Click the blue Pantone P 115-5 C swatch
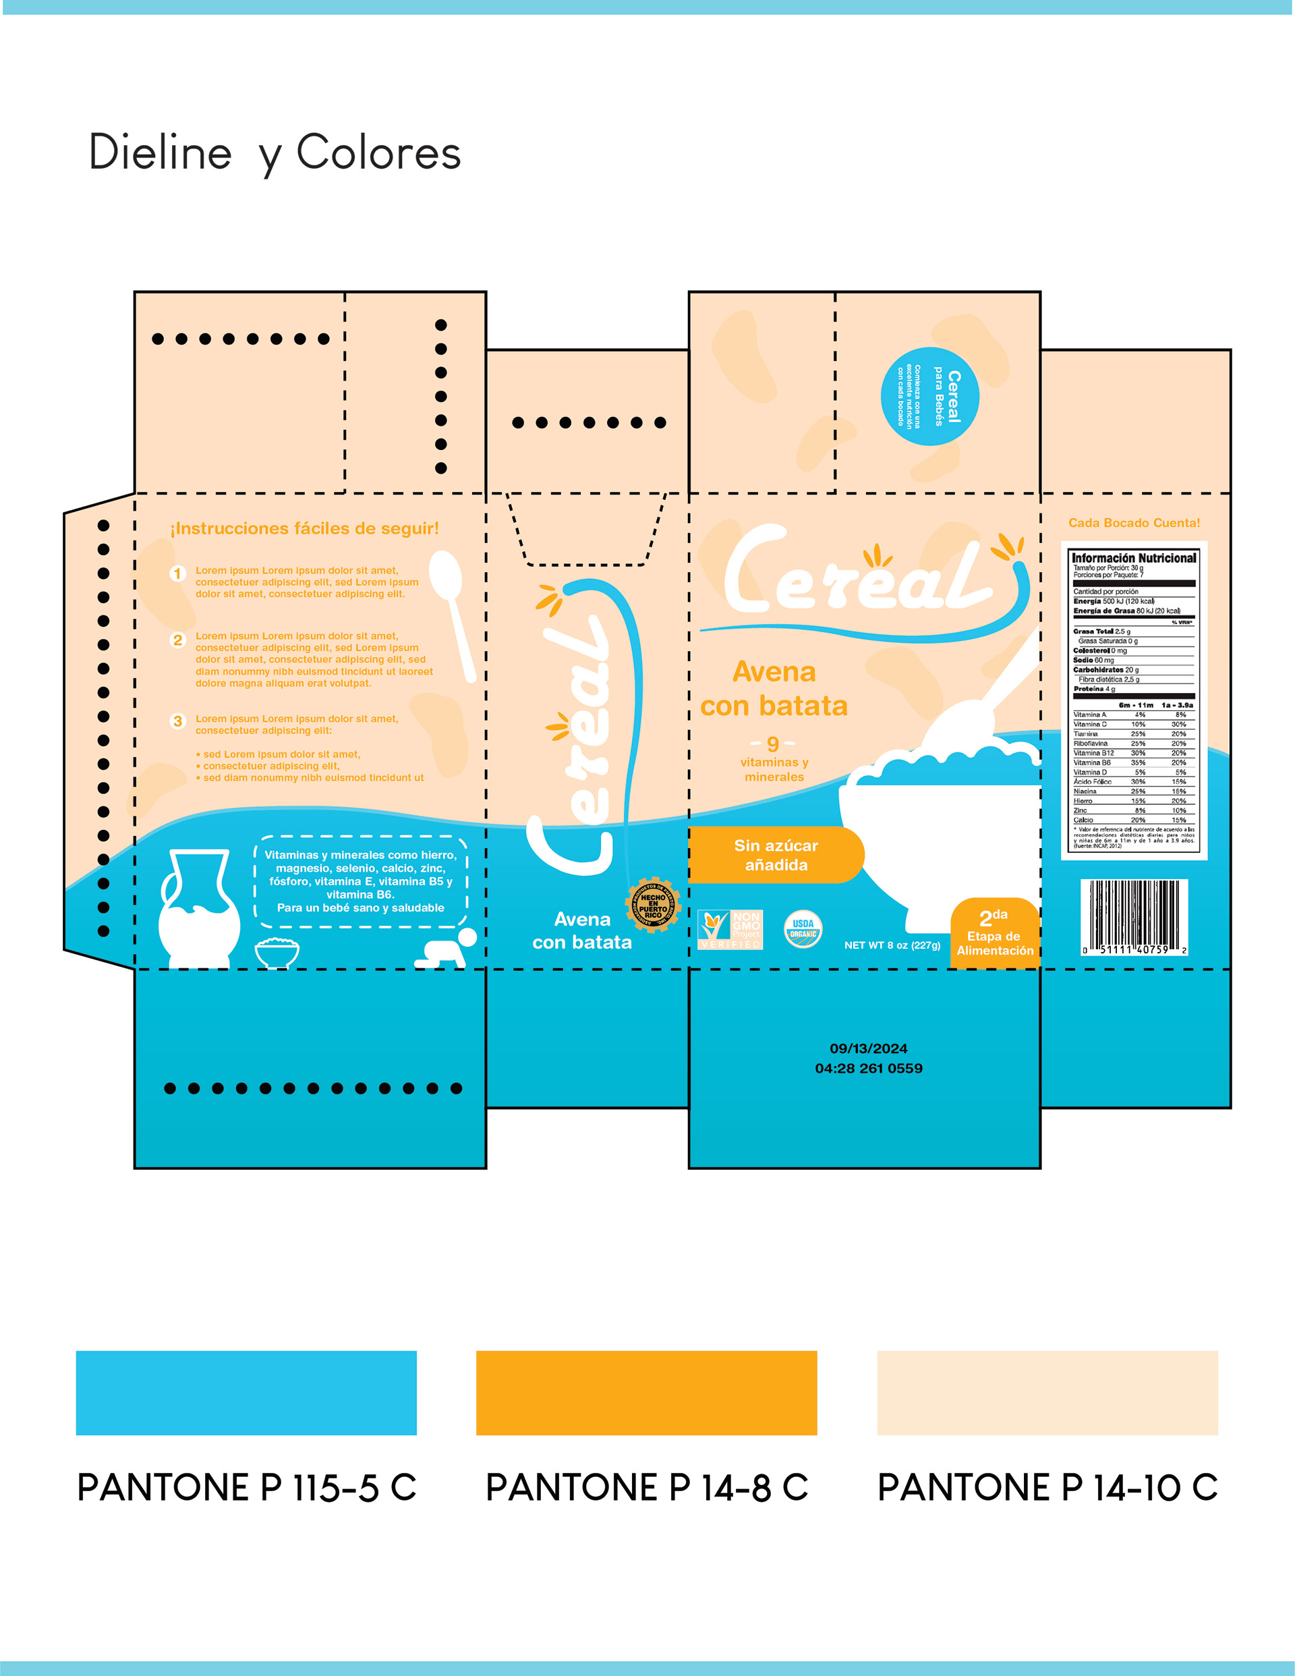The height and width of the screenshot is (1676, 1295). coord(246,1393)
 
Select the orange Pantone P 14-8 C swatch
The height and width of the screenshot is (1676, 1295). coord(646,1393)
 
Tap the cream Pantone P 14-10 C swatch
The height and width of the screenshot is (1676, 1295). coord(1047,1393)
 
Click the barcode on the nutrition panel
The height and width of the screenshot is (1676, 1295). coord(1134,917)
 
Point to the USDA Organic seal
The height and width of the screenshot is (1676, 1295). coord(803,929)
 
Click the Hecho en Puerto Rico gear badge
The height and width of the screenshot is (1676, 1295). coord(653,905)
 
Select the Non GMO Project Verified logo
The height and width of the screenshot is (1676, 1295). coord(730,929)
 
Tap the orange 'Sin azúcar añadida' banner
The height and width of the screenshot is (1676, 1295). coord(776,855)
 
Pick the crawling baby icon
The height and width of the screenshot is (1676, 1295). coord(446,950)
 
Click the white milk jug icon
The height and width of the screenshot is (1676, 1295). coord(199,910)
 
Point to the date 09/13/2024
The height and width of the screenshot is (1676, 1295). coord(869,1049)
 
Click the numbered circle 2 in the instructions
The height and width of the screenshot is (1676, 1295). coord(178,640)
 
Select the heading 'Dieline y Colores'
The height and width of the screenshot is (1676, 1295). coord(275,152)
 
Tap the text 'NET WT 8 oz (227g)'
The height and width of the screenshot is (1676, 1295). coord(892,945)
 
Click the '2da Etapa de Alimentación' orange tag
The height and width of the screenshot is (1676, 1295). coord(994,932)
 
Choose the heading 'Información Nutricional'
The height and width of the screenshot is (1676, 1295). coord(1133,558)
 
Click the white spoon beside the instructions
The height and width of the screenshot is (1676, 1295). coord(454,614)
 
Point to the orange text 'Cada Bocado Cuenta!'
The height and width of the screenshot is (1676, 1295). coord(1134,523)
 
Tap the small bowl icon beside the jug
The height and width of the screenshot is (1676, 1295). coord(277,953)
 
